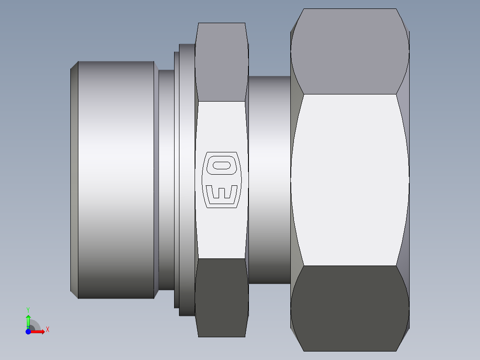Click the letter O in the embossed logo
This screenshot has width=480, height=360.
tap(222, 165)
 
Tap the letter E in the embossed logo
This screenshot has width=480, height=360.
tap(222, 195)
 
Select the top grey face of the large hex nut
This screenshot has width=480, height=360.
tap(350, 52)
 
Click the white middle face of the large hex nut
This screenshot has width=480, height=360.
tap(350, 180)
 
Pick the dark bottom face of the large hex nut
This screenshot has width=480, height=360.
tap(350, 308)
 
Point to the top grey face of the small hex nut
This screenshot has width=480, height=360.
tap(222, 62)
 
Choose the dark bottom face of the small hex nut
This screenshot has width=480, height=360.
tap(222, 298)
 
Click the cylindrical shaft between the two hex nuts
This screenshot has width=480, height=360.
tap(269, 180)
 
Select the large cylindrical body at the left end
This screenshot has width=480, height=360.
tap(116, 180)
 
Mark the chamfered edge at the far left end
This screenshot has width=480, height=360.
tap(74, 180)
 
